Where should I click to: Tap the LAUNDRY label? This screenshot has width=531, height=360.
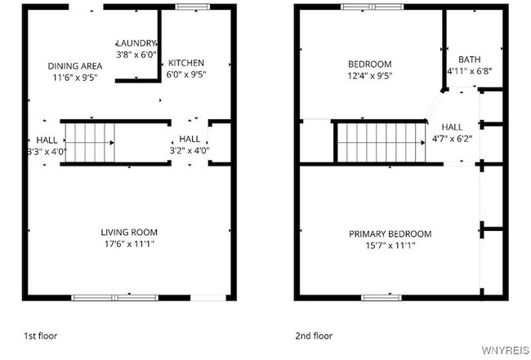click(136, 43)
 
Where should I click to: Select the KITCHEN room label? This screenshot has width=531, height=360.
click(186, 63)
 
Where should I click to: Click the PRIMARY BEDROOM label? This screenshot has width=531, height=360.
click(390, 234)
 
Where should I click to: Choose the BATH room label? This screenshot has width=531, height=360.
click(469, 60)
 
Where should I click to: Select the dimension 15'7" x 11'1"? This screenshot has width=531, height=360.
click(390, 246)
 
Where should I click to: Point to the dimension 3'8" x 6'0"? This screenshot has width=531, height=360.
click(136, 55)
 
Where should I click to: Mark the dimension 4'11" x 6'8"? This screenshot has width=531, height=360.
click(469, 71)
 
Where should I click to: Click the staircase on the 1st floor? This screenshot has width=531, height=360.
click(90, 141)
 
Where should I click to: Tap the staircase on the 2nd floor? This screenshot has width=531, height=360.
click(382, 141)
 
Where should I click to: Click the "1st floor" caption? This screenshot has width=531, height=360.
click(40, 336)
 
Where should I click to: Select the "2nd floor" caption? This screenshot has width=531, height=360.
click(314, 336)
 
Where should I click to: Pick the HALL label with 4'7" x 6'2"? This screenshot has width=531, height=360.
click(452, 127)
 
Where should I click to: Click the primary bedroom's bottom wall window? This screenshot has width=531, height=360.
click(382, 297)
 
